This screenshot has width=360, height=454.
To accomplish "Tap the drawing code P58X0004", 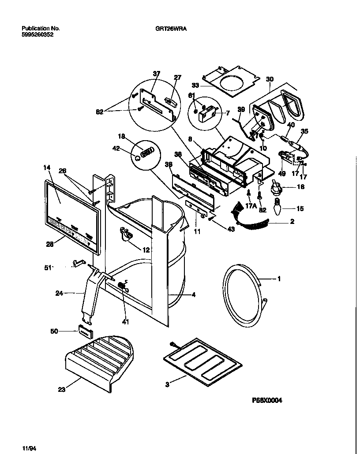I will (x=266, y=400).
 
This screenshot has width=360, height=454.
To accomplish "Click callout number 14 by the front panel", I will (x=47, y=167).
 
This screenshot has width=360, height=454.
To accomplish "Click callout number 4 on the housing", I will (x=193, y=295).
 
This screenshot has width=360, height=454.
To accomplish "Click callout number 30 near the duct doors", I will (x=270, y=80).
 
